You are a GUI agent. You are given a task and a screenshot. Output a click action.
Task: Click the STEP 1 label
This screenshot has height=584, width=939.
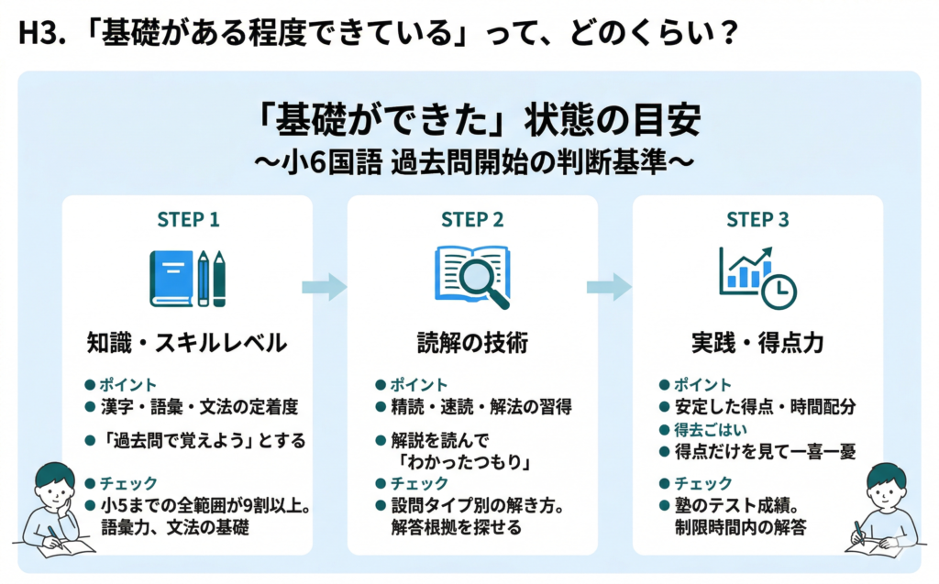pyautogui.click(x=187, y=220)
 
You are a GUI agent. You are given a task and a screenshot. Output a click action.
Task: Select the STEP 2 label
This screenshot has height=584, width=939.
pyautogui.click(x=472, y=220)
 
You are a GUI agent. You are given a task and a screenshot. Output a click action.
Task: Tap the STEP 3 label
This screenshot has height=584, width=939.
pyautogui.click(x=757, y=220)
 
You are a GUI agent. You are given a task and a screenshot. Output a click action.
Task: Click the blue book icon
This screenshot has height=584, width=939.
pyautogui.click(x=171, y=278)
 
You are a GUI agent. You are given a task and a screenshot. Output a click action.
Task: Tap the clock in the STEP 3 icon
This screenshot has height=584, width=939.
pyautogui.click(x=779, y=291)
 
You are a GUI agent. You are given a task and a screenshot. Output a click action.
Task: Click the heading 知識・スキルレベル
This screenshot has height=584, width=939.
pyautogui.click(x=187, y=343)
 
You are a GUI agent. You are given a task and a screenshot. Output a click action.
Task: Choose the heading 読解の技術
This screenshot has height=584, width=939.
pyautogui.click(x=472, y=343)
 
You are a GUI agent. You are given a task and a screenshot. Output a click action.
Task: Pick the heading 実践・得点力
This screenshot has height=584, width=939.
pyautogui.click(x=757, y=343)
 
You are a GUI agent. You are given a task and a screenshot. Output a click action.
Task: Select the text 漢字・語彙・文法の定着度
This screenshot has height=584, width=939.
pyautogui.click(x=198, y=406)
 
